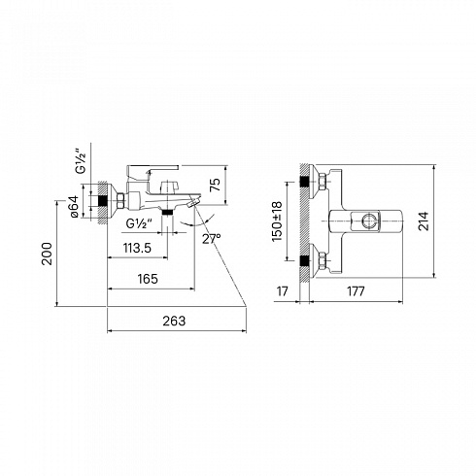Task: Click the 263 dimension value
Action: pos(174,321)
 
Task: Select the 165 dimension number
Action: pos(148,279)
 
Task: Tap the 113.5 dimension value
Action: pos(137,248)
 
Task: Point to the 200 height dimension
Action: pos(48,254)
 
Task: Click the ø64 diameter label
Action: pos(74,206)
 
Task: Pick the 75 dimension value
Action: pos(215,185)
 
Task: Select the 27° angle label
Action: pos(212,239)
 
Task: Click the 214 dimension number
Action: pos(424,221)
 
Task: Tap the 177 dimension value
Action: pos(356,291)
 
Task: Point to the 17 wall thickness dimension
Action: pos(283,291)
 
